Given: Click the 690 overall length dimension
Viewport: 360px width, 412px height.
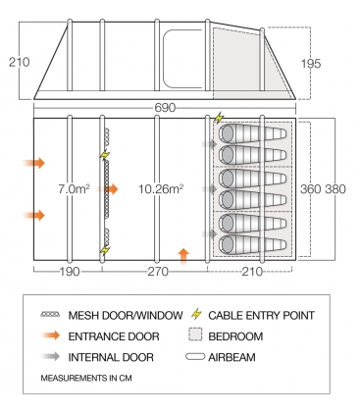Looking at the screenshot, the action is click(x=165, y=108).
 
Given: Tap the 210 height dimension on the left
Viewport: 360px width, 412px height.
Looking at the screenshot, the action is click(x=20, y=62).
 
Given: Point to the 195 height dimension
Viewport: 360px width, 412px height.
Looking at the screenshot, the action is click(x=311, y=64).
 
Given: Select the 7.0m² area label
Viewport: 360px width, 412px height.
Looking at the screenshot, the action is click(x=75, y=189).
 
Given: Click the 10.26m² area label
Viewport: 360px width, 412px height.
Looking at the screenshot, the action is click(x=161, y=189).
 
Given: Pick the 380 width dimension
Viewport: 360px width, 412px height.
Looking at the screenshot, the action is click(x=335, y=189).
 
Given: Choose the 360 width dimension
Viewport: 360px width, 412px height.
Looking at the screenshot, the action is click(x=311, y=189).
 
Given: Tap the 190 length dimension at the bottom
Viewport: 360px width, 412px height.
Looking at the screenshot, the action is click(x=70, y=272).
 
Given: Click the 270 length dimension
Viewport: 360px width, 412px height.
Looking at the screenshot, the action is click(x=158, y=272).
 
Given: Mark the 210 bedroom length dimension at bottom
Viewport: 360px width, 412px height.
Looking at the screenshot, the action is click(x=252, y=272).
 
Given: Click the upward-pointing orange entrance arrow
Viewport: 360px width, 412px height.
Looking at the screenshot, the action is click(x=184, y=256).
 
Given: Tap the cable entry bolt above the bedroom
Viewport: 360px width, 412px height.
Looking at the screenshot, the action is click(x=218, y=118).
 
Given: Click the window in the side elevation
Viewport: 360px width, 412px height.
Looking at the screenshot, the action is click(x=182, y=59).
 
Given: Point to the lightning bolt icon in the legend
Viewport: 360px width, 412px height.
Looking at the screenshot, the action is click(x=196, y=314).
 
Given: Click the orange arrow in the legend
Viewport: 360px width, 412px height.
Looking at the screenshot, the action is click(x=51, y=335).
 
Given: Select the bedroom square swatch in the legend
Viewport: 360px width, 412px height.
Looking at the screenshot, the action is click(x=195, y=335).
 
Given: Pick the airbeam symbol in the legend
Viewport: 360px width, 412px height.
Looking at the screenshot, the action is click(x=195, y=356).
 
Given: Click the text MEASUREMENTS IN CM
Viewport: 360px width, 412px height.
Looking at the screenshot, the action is click(x=86, y=379).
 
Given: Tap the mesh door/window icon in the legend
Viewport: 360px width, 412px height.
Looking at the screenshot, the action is click(x=50, y=315).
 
